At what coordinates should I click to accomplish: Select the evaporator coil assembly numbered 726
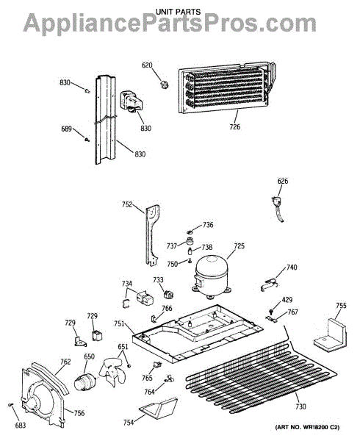pyautogui.click(x=226, y=87)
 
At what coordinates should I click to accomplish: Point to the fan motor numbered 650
pyautogui.click(x=85, y=382)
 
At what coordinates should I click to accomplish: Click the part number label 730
pyautogui.click(x=300, y=406)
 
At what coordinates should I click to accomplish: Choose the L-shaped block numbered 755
pyautogui.click(x=330, y=335)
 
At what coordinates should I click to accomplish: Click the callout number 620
pyautogui.click(x=147, y=65)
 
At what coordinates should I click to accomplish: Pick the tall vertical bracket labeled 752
pyautogui.click(x=152, y=235)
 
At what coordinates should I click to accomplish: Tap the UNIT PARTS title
pyautogui.click(x=179, y=12)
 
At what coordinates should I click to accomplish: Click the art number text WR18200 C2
pyautogui.click(x=320, y=427)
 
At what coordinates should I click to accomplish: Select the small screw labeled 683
pyautogui.click(x=11, y=405)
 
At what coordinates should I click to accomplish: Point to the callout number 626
pyautogui.click(x=283, y=181)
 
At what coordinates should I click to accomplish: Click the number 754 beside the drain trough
pyautogui.click(x=129, y=422)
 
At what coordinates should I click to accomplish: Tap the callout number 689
pyautogui.click(x=67, y=129)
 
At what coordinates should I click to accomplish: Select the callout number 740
pyautogui.click(x=292, y=268)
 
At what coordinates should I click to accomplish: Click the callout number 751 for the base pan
pyautogui.click(x=119, y=323)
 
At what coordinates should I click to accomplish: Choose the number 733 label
pyautogui.click(x=158, y=280)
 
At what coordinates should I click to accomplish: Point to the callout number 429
pyautogui.click(x=287, y=300)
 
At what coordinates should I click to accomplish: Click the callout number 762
pyautogui.click(x=65, y=362)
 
